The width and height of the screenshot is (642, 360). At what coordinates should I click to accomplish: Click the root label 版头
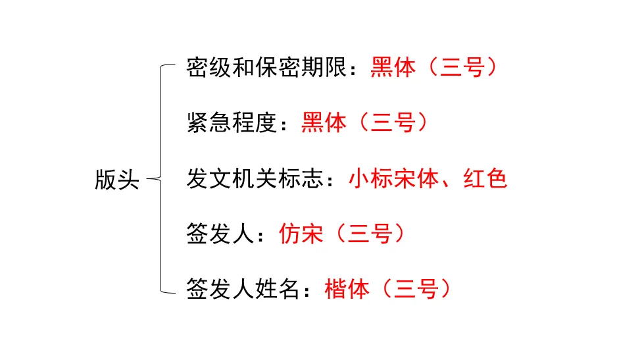click(117, 178)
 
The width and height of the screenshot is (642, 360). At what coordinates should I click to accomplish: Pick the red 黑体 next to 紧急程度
click(324, 123)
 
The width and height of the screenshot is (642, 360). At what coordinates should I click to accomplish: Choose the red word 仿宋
click(301, 234)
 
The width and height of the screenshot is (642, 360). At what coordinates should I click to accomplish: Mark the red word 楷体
click(347, 289)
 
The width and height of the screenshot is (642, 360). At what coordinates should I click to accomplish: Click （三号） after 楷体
click(416, 289)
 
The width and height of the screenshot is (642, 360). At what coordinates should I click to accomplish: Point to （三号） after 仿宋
click(370, 234)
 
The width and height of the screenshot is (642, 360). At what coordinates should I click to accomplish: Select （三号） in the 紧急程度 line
click(393, 123)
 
